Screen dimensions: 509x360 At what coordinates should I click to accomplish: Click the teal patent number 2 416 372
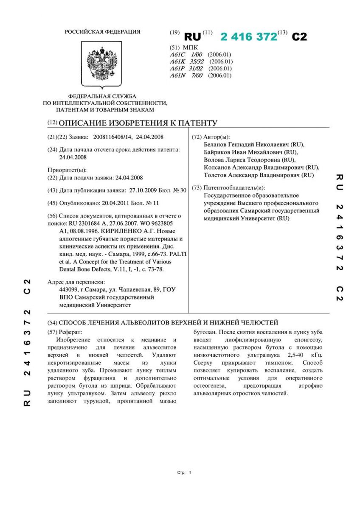tap(248, 37)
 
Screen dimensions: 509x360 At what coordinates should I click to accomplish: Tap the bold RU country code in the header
tap(192, 37)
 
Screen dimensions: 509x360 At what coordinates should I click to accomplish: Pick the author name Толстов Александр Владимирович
tap(246, 175)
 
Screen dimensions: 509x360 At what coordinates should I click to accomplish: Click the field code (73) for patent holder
tap(197, 188)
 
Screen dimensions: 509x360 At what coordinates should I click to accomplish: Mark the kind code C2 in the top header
tap(299, 37)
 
